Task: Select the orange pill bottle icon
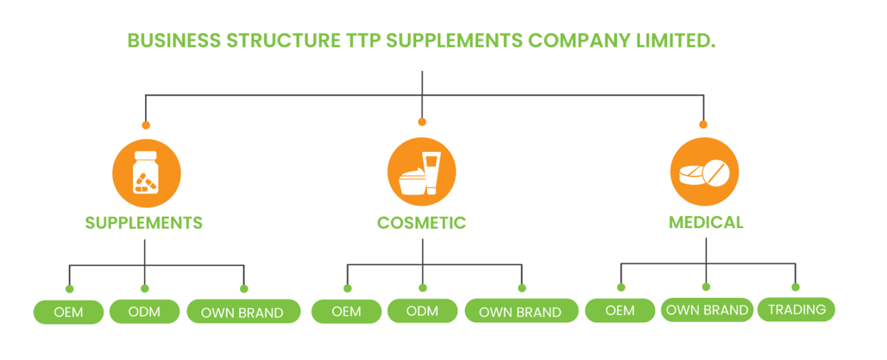tap(146, 173)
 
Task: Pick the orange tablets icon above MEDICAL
tap(704, 172)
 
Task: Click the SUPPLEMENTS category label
tap(144, 222)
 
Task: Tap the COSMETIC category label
tap(421, 222)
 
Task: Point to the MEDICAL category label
tap(706, 222)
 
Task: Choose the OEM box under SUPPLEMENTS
tap(68, 312)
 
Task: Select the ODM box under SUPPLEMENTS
tap(144, 312)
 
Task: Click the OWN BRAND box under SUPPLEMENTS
tap(243, 312)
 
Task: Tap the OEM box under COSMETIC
tap(347, 312)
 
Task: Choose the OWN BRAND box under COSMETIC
tap(521, 312)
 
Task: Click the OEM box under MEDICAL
tap(620, 311)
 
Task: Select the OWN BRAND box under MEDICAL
tap(707, 310)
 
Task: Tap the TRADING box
tap(796, 309)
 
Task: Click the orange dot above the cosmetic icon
tap(422, 122)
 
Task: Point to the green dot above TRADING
tap(796, 287)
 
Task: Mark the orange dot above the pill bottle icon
tap(146, 124)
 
